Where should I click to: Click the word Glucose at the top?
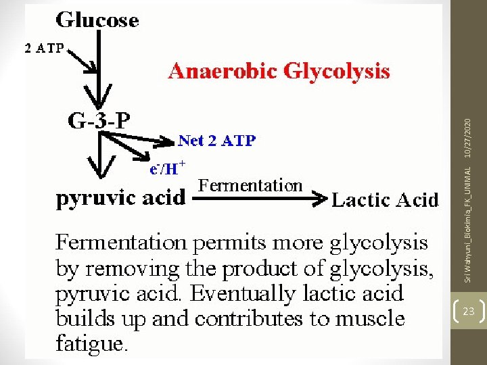pyautogui.click(x=97, y=20)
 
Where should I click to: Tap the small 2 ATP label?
pyautogui.click(x=44, y=49)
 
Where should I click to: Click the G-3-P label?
pyautogui.click(x=99, y=120)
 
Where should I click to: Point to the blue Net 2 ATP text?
pyautogui.click(x=217, y=141)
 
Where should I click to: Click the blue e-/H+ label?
pyautogui.click(x=168, y=168)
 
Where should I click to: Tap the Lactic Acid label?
pyautogui.click(x=385, y=199)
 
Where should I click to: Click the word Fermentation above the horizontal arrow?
pyautogui.click(x=250, y=186)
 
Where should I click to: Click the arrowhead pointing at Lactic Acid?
pyautogui.click(x=320, y=198)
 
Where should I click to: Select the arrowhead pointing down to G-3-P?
pyautogui.click(x=98, y=96)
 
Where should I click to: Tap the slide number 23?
pyautogui.click(x=469, y=311)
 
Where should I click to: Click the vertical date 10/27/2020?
pyautogui.click(x=468, y=138)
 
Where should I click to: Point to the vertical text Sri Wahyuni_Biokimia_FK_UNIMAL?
pyautogui.click(x=468, y=224)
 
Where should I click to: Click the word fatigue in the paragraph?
pyautogui.click(x=92, y=343)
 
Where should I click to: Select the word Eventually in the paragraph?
pyautogui.click(x=242, y=293)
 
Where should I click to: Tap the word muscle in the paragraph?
pyautogui.click(x=370, y=318)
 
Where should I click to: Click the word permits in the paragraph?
pyautogui.click(x=229, y=243)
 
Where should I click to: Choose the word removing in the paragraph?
pyautogui.click(x=132, y=269)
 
